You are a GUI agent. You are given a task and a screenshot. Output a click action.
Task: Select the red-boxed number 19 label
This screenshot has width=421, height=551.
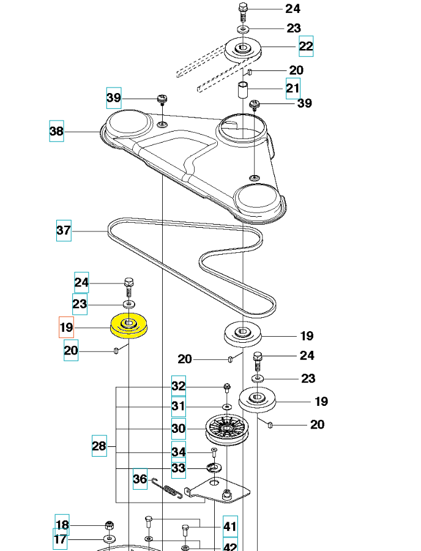pos(66,328)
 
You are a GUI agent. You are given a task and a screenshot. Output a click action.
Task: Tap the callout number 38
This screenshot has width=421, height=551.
pos(56,132)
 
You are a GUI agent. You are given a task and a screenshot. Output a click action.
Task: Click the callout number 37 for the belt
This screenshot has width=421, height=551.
pos(64,231)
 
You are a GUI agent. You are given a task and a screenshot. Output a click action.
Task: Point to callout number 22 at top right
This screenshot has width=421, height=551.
pos(306,46)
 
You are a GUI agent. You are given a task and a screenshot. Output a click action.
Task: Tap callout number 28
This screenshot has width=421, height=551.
pos(100,446)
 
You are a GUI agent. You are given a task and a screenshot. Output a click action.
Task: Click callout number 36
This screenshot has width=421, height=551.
pos(140,478)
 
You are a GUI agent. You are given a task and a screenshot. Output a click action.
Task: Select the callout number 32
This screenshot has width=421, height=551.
pos(178,386)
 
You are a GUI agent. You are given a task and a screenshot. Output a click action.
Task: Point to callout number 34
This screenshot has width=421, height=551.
pos(178,452)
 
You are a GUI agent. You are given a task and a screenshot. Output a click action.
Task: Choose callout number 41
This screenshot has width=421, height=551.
pos(229,525)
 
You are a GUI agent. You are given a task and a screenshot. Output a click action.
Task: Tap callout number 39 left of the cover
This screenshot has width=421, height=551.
pos(113,97)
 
